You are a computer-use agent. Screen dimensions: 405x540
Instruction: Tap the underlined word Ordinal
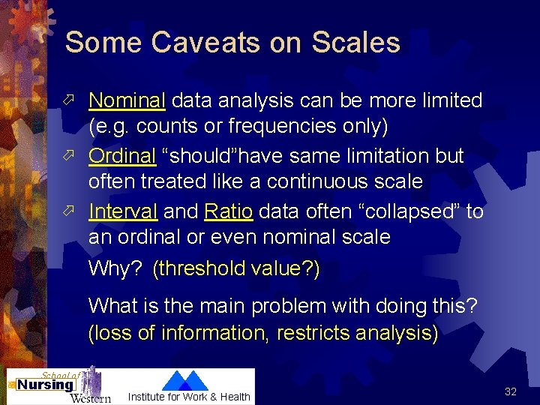click(x=122, y=156)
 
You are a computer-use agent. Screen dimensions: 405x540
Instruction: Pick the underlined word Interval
click(x=123, y=212)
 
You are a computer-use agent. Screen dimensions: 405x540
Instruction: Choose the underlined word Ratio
click(x=228, y=212)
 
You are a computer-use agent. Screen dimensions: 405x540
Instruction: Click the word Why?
click(x=115, y=268)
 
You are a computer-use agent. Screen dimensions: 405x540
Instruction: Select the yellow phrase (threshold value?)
click(x=235, y=268)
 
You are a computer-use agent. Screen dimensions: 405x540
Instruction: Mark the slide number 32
click(x=511, y=391)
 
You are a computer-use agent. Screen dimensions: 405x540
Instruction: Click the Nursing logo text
click(x=45, y=385)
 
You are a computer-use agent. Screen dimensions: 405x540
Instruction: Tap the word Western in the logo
click(x=90, y=397)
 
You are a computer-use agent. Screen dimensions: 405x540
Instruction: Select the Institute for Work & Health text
click(x=189, y=397)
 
